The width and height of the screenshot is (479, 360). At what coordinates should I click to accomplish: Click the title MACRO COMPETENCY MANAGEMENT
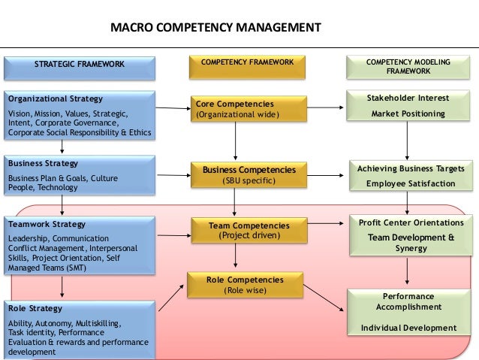point(215,29)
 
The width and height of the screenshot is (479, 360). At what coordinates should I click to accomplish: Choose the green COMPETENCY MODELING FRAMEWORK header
point(408,66)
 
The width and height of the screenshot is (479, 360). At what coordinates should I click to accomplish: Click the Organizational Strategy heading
point(55,98)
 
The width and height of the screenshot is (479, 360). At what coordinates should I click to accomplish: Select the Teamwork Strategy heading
point(47,224)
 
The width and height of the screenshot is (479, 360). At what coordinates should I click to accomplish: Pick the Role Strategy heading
point(36,308)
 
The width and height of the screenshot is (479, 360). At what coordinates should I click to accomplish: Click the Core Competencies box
point(236,109)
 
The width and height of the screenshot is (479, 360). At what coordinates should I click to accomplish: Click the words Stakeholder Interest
point(408,98)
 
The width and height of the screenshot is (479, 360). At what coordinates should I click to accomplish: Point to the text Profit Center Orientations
point(411,222)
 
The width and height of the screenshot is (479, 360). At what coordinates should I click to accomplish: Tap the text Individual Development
point(408,328)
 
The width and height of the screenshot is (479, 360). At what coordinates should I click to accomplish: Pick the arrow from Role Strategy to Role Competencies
point(172,295)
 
